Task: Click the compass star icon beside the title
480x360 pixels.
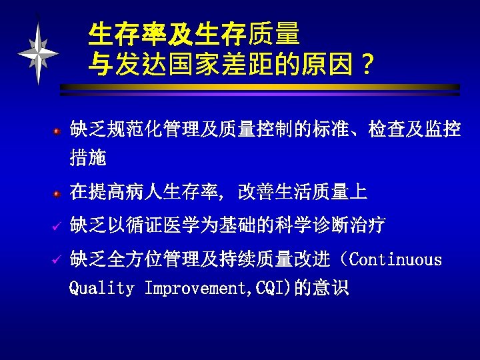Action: (x=39, y=52)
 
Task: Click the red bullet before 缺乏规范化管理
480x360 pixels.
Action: (x=58, y=130)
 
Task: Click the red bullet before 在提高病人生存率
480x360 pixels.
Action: (x=58, y=194)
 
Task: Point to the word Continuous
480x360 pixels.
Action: (x=395, y=259)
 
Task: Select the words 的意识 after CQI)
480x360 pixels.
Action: (x=322, y=289)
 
